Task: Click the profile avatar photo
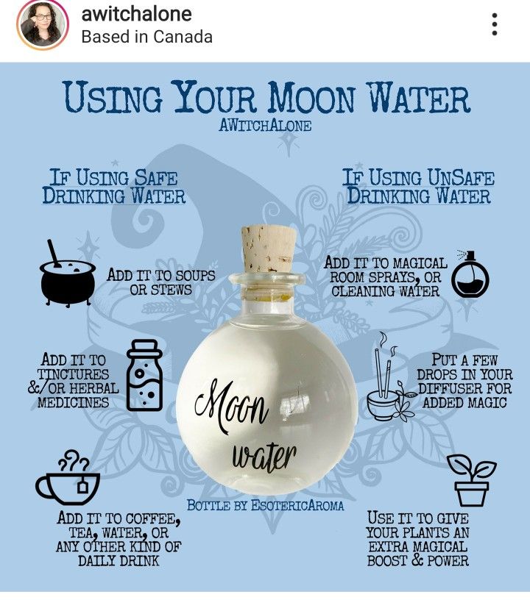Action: [x=43, y=25]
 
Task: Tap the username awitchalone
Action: [x=136, y=14]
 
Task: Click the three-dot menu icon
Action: [x=495, y=24]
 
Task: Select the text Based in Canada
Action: [x=146, y=37]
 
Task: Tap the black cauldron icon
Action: [x=68, y=274]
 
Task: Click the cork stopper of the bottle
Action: [x=268, y=249]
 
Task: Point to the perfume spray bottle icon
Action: [x=470, y=274]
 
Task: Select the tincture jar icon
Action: [x=144, y=376]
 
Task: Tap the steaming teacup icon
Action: [x=68, y=477]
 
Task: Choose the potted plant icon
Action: [x=472, y=480]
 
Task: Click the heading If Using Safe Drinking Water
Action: [x=114, y=187]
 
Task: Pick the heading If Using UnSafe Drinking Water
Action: [x=418, y=187]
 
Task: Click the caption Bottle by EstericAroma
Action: [x=265, y=505]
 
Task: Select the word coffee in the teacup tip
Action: [x=152, y=519]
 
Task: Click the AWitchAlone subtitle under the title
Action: [x=265, y=126]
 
